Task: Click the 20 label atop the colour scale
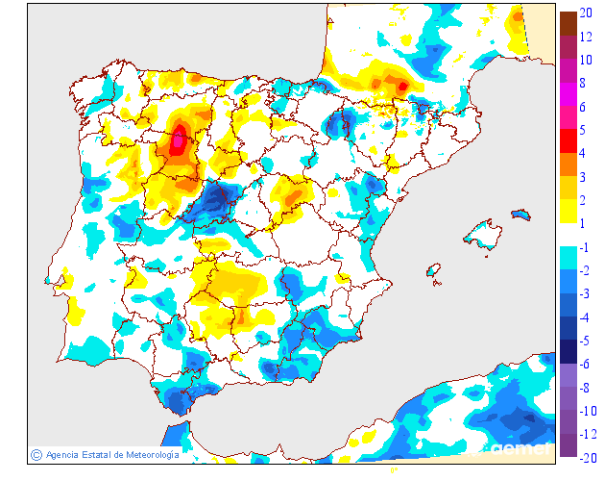click(x=585, y=13)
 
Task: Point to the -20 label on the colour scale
click(x=585, y=457)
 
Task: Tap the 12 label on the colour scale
click(x=585, y=37)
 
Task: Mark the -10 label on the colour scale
click(x=585, y=411)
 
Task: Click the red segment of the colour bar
click(x=568, y=141)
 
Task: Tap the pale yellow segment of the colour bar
click(x=568, y=212)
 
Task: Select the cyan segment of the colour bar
click(x=568, y=259)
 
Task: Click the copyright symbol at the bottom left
click(x=36, y=455)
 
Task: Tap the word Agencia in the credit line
click(x=62, y=455)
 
